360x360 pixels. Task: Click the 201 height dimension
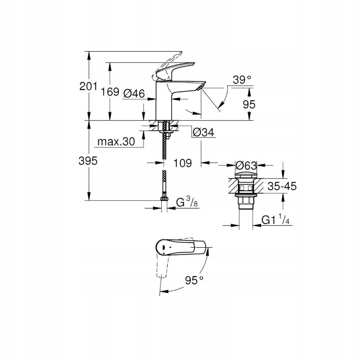tap(88, 86)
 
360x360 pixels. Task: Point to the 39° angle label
tap(241, 80)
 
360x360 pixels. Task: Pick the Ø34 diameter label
tap(203, 132)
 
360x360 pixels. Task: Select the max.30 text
tap(116, 142)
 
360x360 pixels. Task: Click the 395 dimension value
tap(88, 161)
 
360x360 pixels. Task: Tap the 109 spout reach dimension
tap(182, 163)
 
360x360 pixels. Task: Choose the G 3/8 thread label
tap(187, 203)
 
